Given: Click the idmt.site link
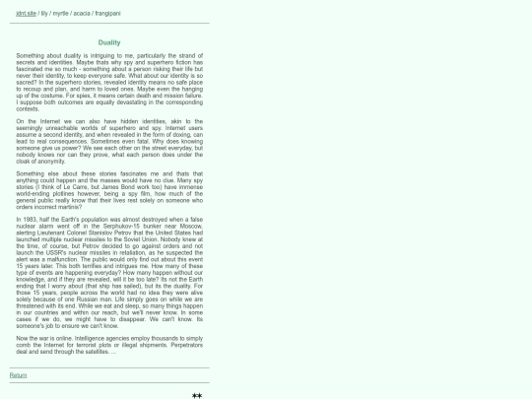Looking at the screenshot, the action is pyautogui.click(x=27, y=14).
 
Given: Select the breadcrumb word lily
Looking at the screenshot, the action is pyautogui.click(x=44, y=14).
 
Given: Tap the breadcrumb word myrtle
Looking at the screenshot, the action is pyautogui.click(x=61, y=14).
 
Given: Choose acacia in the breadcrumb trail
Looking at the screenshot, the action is pyautogui.click(x=81, y=14).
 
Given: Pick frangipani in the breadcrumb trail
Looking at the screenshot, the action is pyautogui.click(x=106, y=14).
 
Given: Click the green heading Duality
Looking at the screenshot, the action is pyautogui.click(x=109, y=42).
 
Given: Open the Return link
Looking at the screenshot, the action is pyautogui.click(x=18, y=375).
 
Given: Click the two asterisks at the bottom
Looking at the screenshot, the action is pyautogui.click(x=197, y=396).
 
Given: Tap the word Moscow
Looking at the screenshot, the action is pyautogui.click(x=190, y=226).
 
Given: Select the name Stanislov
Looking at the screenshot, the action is pyautogui.click(x=90, y=232).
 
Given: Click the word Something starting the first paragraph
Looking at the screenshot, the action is pyautogui.click(x=32, y=56).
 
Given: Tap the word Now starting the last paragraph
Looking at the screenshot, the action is pyautogui.click(x=23, y=338).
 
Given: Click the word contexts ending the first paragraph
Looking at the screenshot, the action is pyautogui.click(x=28, y=108).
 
